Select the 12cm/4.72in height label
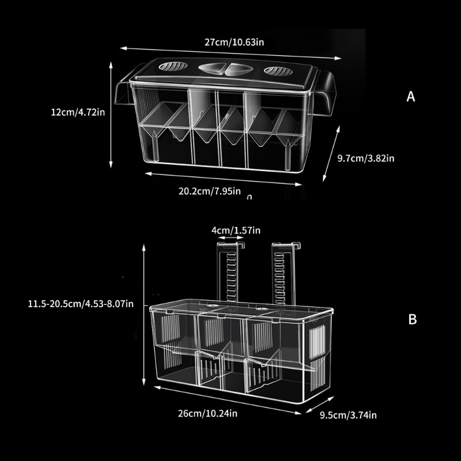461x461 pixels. pyautogui.click(x=78, y=112)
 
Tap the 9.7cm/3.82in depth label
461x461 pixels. pyautogui.click(x=365, y=157)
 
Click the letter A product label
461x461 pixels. pyautogui.click(x=410, y=97)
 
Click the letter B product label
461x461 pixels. pyautogui.click(x=412, y=320)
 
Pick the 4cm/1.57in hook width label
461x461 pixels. pyautogui.click(x=236, y=231)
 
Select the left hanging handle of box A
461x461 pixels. pyautogui.click(x=123, y=92)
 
